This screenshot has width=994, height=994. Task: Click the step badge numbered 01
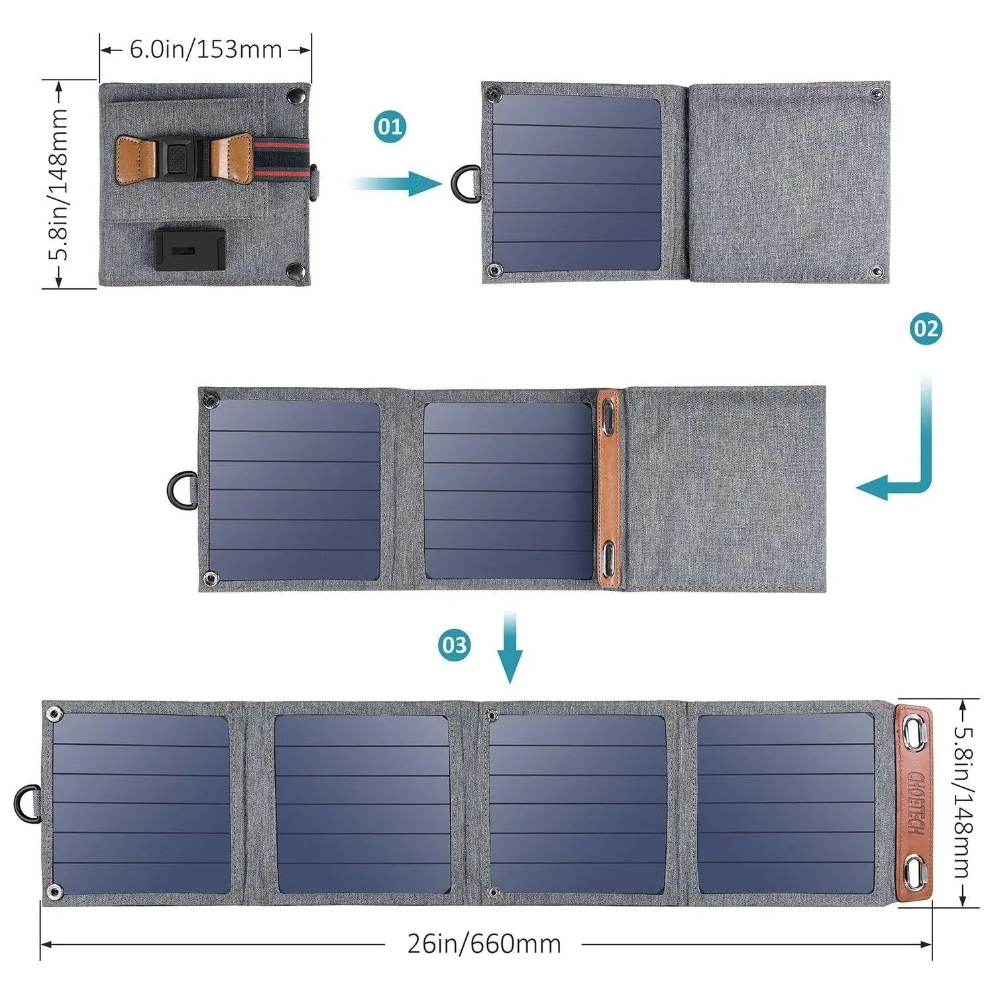[390, 126]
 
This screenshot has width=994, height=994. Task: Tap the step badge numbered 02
[926, 329]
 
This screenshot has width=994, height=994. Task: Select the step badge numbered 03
[455, 645]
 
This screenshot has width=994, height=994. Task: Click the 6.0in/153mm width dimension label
[205, 49]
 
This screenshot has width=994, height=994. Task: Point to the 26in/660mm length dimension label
[484, 944]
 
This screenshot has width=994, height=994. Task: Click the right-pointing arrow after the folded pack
[398, 183]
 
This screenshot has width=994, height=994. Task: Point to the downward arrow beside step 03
[510, 647]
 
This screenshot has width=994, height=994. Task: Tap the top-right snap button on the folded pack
[293, 97]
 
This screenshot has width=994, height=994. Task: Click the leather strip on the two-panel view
[608, 489]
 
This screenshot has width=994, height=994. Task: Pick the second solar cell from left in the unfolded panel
[362, 804]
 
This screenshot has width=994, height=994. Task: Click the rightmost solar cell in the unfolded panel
[786, 804]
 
